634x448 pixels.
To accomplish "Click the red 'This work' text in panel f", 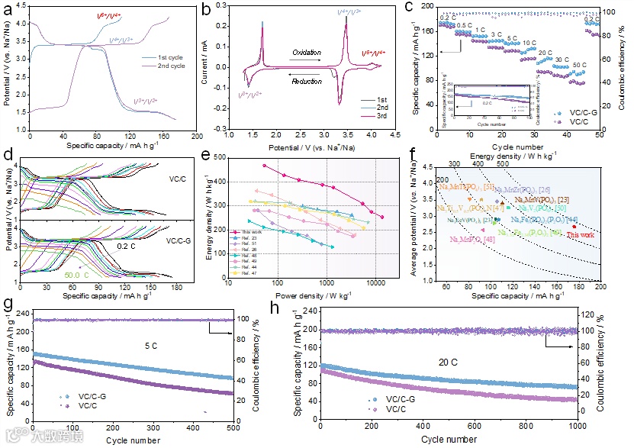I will coord(582,235).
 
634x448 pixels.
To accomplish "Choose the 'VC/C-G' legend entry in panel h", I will coord(395,398).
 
